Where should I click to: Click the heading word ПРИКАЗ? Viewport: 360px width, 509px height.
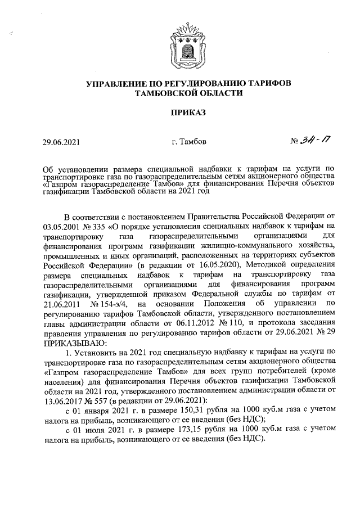(x=188, y=112)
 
